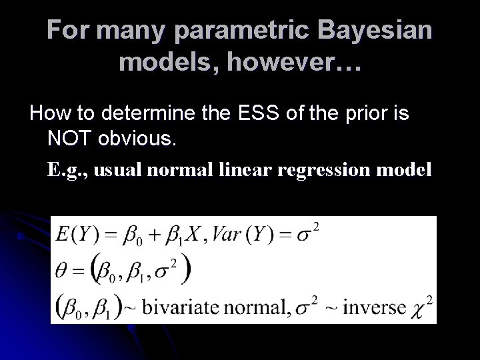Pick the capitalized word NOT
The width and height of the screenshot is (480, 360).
[x=71, y=138]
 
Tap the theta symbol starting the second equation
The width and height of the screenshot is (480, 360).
[x=61, y=272]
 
